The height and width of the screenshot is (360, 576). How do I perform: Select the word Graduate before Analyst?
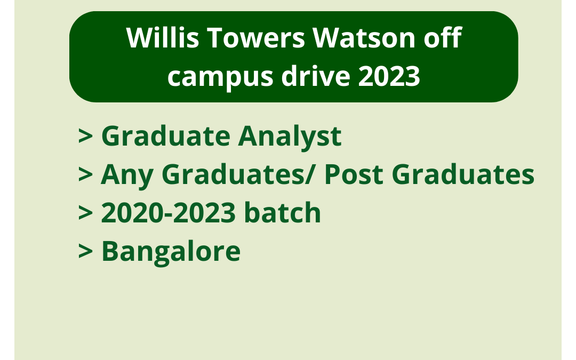[x=165, y=137]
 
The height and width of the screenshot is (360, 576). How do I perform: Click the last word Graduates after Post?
[x=465, y=175]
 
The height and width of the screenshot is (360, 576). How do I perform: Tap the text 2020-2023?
[x=168, y=213]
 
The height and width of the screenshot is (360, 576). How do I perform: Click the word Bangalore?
[x=171, y=252]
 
